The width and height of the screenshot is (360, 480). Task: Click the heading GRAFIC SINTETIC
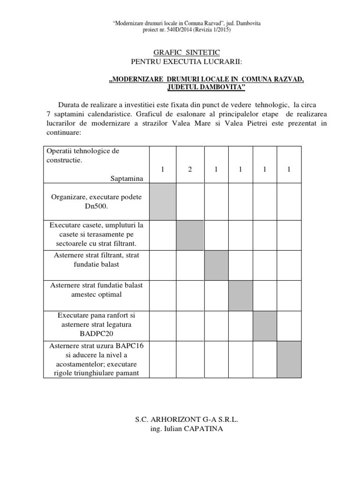[x=180, y=52]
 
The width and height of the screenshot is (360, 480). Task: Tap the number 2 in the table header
[x=190, y=169]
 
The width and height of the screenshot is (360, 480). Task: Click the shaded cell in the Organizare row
[x=163, y=201]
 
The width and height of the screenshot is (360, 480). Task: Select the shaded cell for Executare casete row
[x=190, y=234]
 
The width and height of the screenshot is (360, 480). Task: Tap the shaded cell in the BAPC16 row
[x=289, y=359]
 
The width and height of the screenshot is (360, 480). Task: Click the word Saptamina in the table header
[x=127, y=179]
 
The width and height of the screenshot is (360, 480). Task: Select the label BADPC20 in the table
[x=96, y=334]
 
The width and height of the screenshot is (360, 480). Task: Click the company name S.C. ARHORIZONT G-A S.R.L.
[x=180, y=420]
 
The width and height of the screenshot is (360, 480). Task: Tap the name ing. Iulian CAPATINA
[x=180, y=428]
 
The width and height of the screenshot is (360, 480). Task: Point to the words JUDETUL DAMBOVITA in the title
[x=206, y=88]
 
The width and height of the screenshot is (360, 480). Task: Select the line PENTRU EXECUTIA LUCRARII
[x=180, y=62]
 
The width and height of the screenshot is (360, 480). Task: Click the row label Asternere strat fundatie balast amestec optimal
[x=96, y=290]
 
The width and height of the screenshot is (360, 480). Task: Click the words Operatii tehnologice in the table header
[x=82, y=151]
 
